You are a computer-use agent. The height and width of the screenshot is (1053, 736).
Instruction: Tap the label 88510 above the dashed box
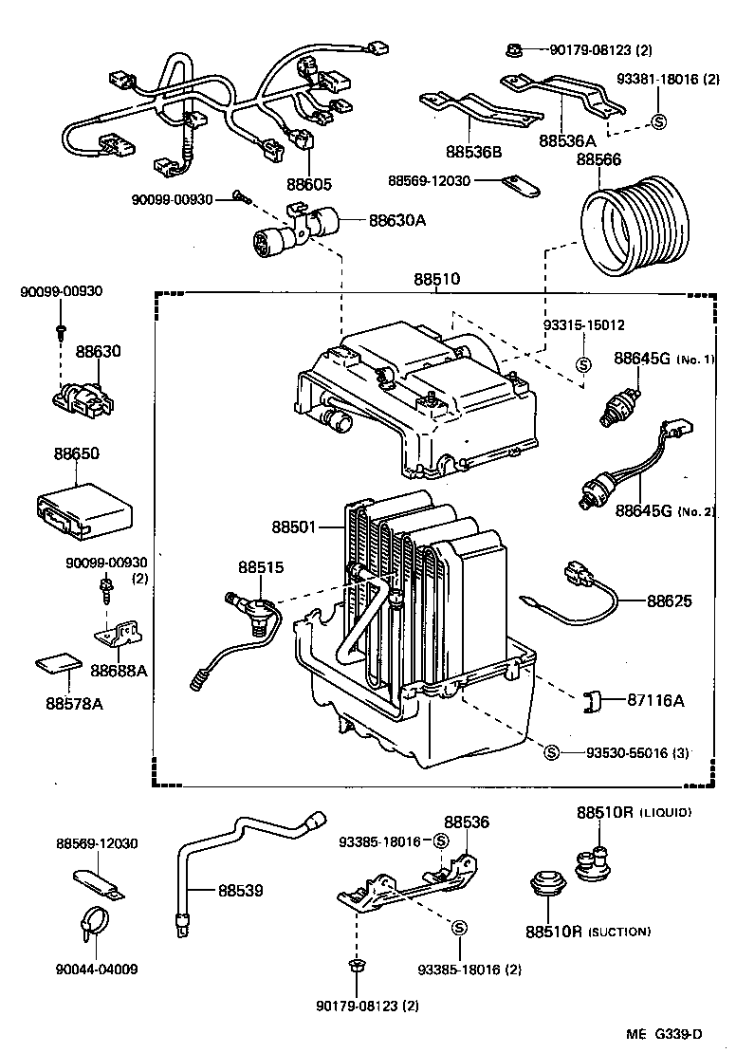tap(436, 280)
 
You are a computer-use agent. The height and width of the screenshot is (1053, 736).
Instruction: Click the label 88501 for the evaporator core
tap(296, 526)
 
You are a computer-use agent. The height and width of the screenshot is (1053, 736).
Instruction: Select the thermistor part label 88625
tap(670, 600)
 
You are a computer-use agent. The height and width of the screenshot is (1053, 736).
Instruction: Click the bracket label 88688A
tap(120, 670)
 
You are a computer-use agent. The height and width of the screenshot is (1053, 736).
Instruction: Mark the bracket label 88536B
tap(473, 150)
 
